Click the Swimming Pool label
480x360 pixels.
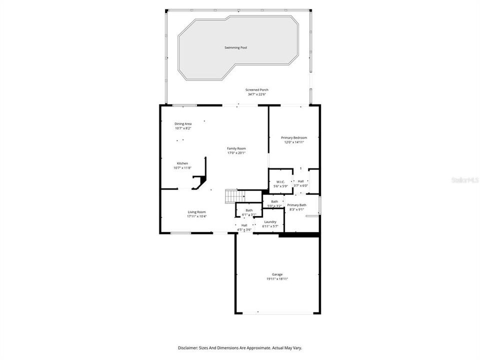click(235, 47)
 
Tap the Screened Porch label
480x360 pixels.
click(257, 90)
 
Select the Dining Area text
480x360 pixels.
click(183, 123)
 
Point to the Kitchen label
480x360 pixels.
click(182, 163)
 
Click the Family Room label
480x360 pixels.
click(236, 148)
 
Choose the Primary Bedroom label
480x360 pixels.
click(294, 137)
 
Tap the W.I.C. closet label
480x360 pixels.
click(280, 181)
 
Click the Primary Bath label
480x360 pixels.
click(296, 205)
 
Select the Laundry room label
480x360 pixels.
click(270, 221)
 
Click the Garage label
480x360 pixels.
click(277, 274)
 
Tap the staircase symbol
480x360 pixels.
click(232, 196)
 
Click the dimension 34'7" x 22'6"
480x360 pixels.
click(257, 94)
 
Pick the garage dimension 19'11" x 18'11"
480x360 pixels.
click(277, 279)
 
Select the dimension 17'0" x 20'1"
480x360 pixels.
click(236, 153)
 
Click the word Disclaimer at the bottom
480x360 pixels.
click(188, 347)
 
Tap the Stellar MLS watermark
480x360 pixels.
click(464, 179)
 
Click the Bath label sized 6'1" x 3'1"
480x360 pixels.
click(249, 210)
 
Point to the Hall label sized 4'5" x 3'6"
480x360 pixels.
click(244, 225)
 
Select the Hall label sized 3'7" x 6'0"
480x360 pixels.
click(300, 181)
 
